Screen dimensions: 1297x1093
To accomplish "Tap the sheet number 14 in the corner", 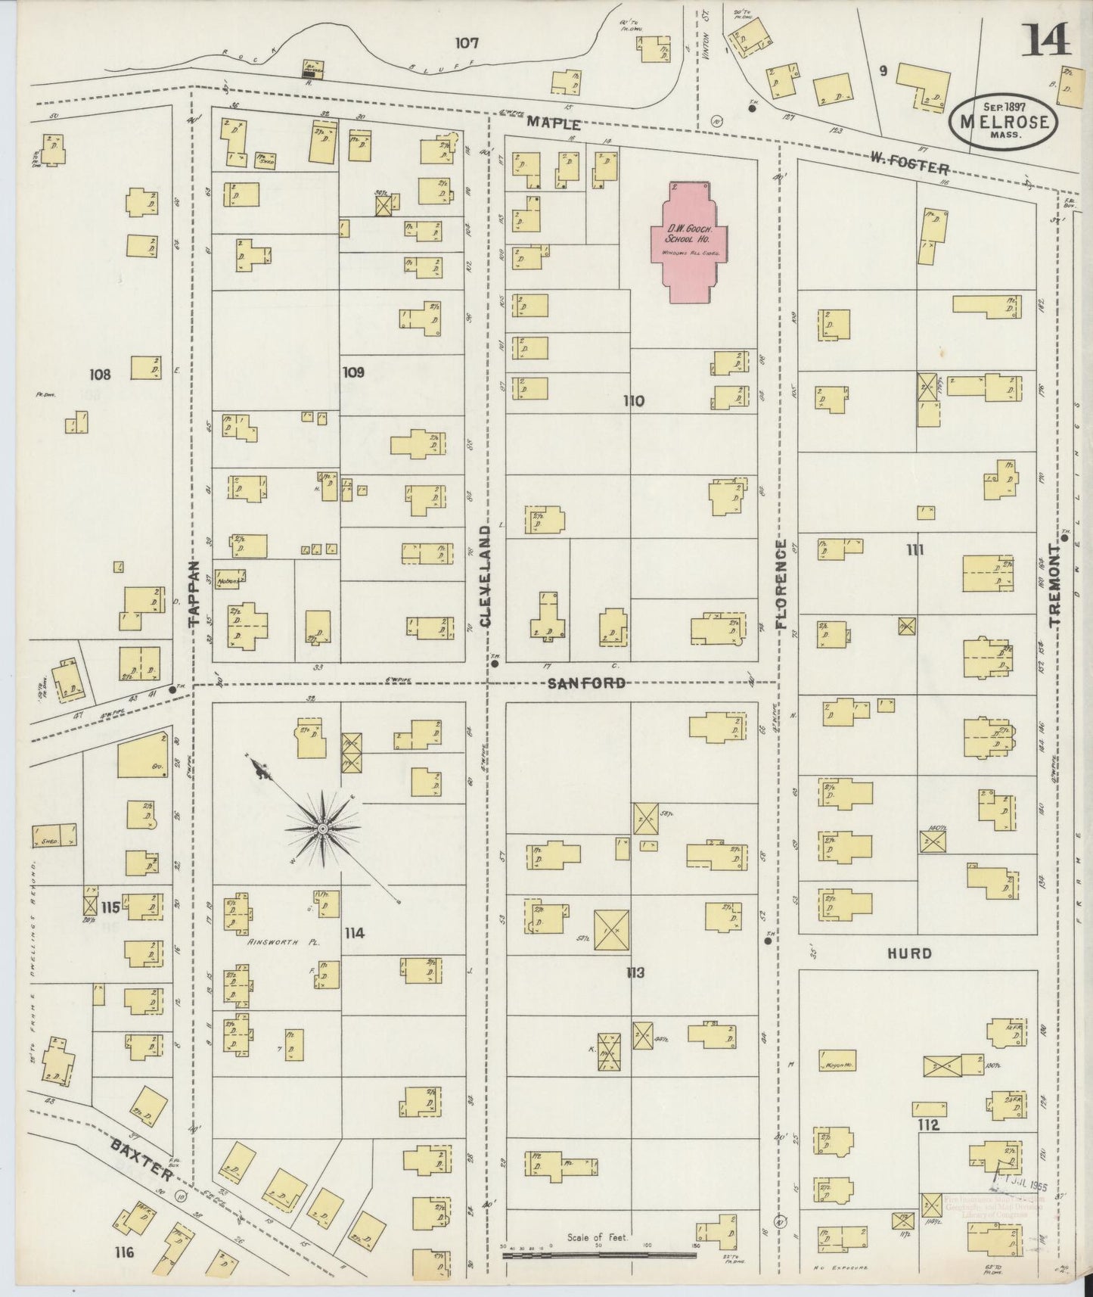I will coord(1047,39).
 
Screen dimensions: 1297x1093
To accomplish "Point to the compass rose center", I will coord(324,829).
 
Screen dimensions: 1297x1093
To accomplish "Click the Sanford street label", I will coord(586,683).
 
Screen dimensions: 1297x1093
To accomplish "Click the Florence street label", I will coord(782,585).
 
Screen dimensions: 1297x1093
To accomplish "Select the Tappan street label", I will coord(194,593).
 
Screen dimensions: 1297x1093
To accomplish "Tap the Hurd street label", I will coord(911,953).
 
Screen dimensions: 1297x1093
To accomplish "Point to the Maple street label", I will coord(555,123).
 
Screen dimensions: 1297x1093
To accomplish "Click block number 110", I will coord(633,401).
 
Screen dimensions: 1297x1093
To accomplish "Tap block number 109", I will coord(353,372).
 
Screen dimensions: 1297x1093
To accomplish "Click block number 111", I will coord(915,550).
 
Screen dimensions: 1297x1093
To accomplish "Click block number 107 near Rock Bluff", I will coord(467,43).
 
